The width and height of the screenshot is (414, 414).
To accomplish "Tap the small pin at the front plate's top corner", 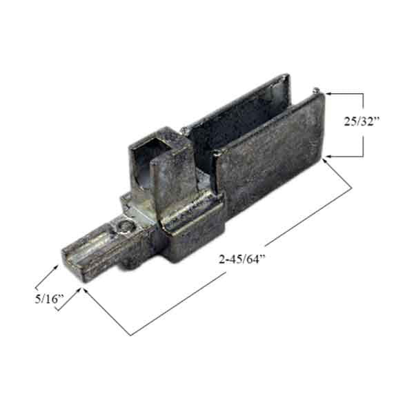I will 315,89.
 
